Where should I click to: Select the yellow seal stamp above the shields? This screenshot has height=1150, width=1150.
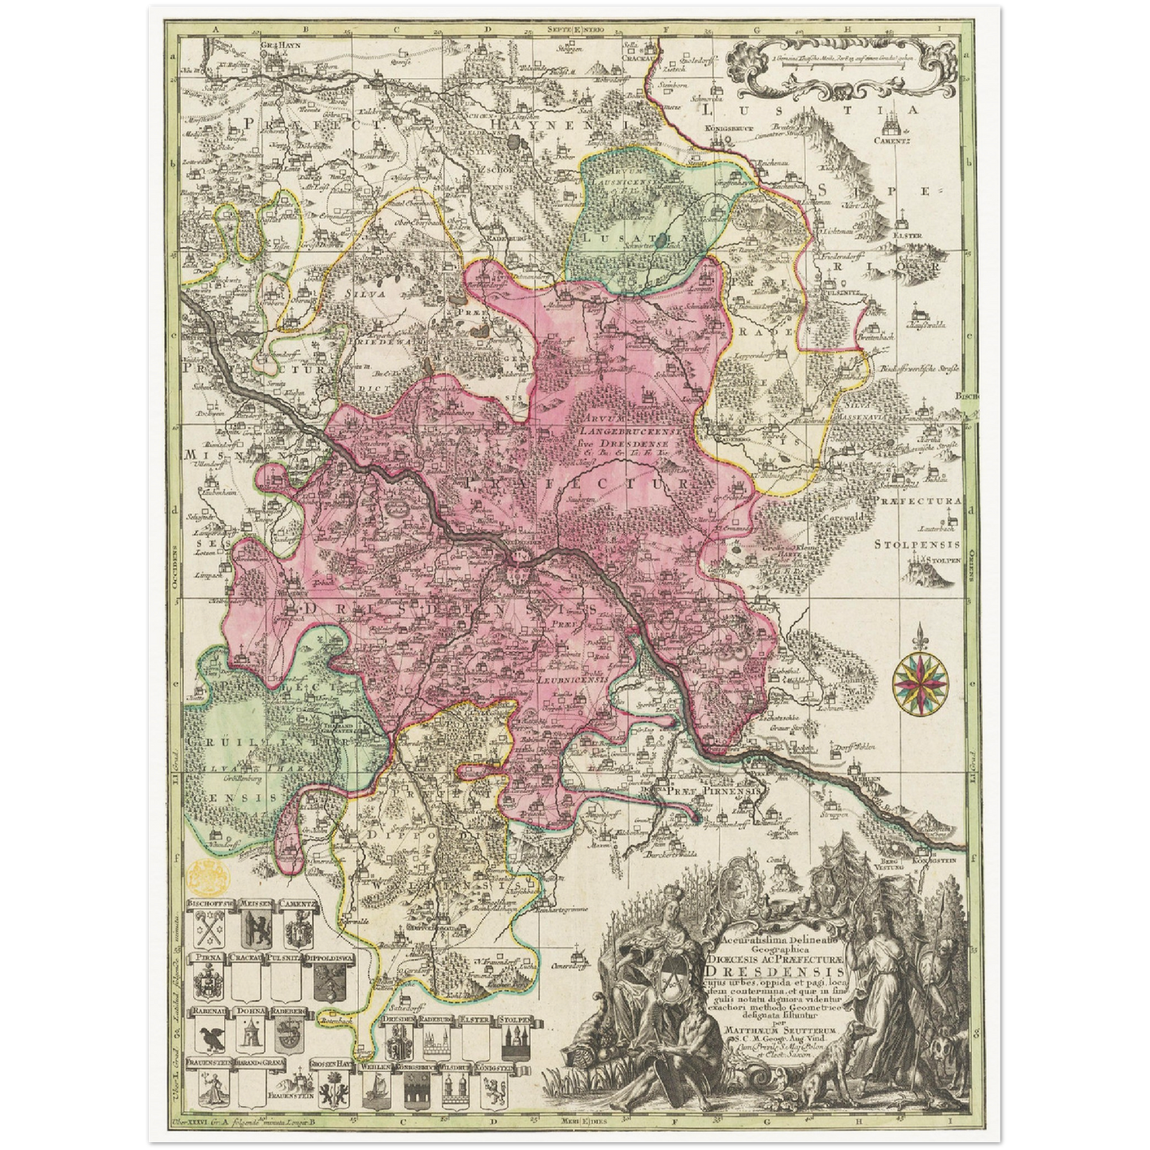pos(211,875)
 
